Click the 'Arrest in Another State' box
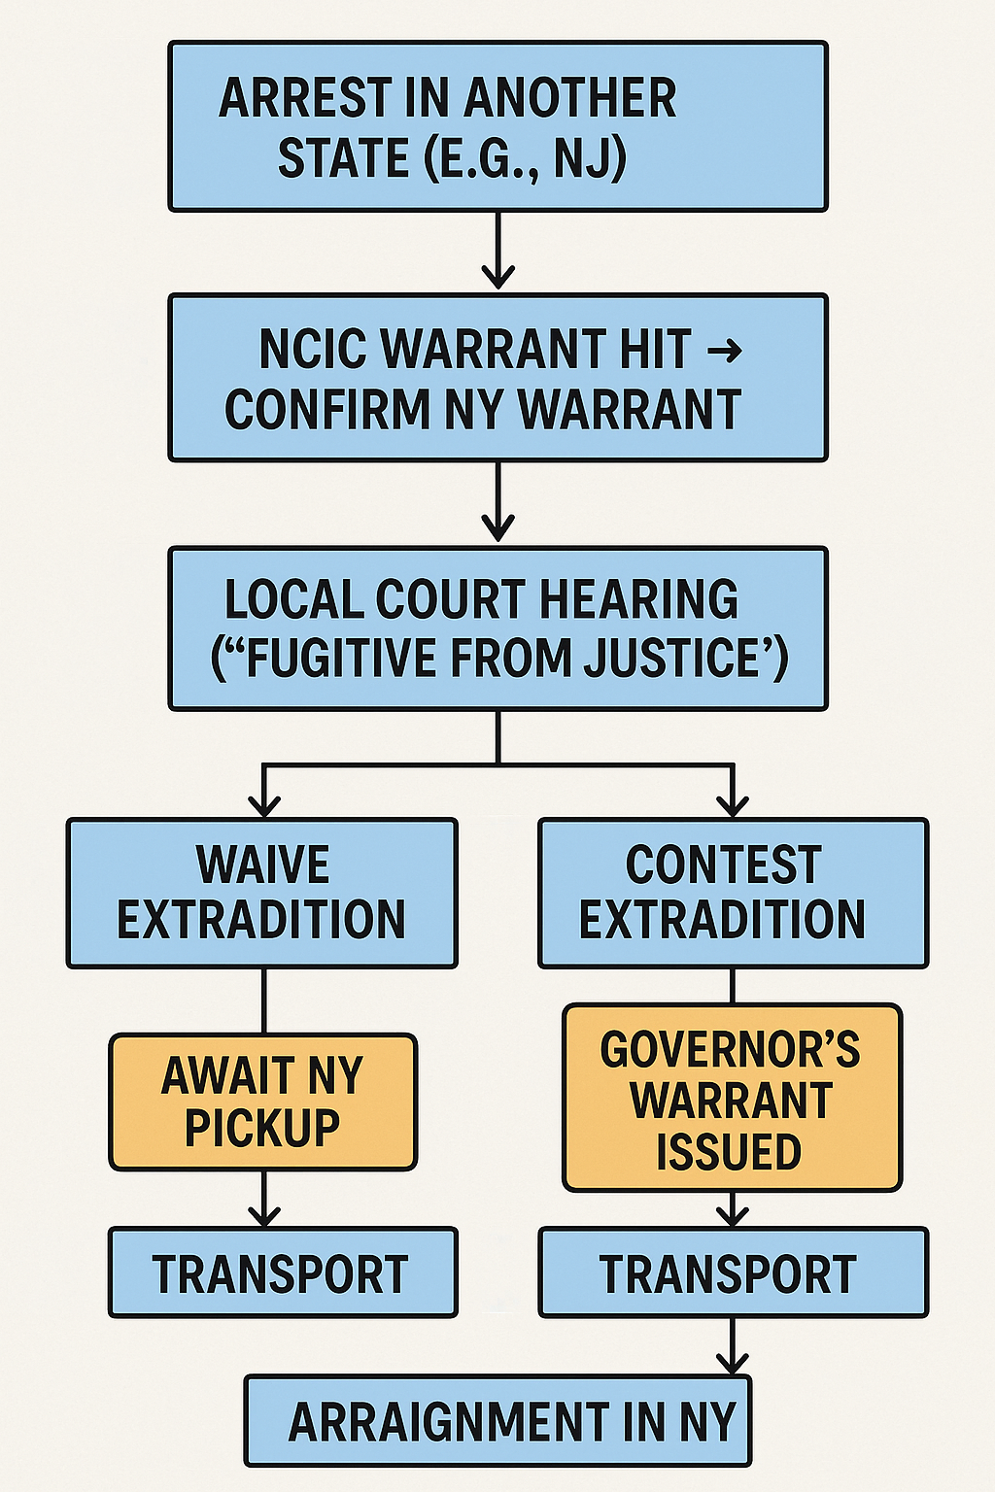(497, 126)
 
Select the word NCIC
(313, 350)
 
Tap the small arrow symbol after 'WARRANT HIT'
(724, 350)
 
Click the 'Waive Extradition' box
(261, 893)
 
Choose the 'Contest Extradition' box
(733, 893)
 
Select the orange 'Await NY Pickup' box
(262, 1102)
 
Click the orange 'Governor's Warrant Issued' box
(732, 1098)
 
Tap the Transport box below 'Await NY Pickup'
(282, 1272)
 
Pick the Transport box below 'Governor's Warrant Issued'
(733, 1272)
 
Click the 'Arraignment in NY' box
(497, 1421)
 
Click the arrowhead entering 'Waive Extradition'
(263, 806)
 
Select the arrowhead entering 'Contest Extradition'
(733, 806)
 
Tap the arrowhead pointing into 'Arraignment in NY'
(733, 1362)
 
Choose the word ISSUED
(729, 1153)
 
